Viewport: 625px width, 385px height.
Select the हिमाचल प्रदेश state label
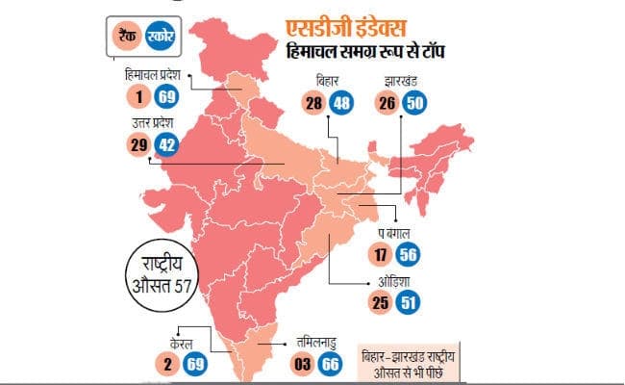155,74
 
